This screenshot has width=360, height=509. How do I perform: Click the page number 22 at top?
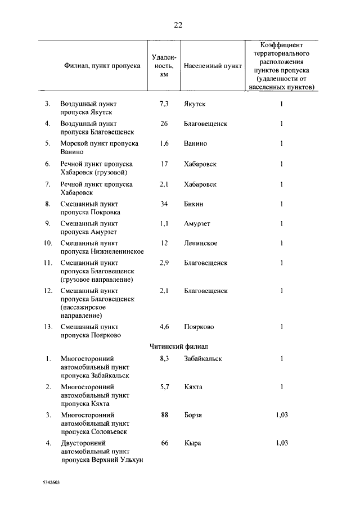point(178,25)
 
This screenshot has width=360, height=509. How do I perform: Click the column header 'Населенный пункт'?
point(213,66)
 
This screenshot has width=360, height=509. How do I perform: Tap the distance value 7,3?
point(164,104)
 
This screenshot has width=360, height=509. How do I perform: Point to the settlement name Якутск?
point(195,104)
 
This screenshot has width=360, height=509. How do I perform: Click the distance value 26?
point(164,124)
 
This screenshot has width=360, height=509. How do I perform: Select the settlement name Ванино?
point(195,143)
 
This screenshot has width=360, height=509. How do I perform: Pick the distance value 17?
point(164,164)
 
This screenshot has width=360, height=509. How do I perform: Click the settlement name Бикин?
point(193,204)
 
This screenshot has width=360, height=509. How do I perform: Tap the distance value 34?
point(164,204)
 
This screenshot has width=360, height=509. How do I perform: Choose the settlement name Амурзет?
point(197,223)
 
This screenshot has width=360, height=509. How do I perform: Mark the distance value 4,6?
point(164,326)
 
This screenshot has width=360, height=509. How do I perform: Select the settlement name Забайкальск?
point(203,358)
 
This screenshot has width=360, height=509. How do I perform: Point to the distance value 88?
point(165,415)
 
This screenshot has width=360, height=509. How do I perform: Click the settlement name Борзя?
point(193,415)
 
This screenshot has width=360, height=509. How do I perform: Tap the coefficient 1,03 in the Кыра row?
point(282,443)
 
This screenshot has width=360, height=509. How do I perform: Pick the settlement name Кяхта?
point(193,387)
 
